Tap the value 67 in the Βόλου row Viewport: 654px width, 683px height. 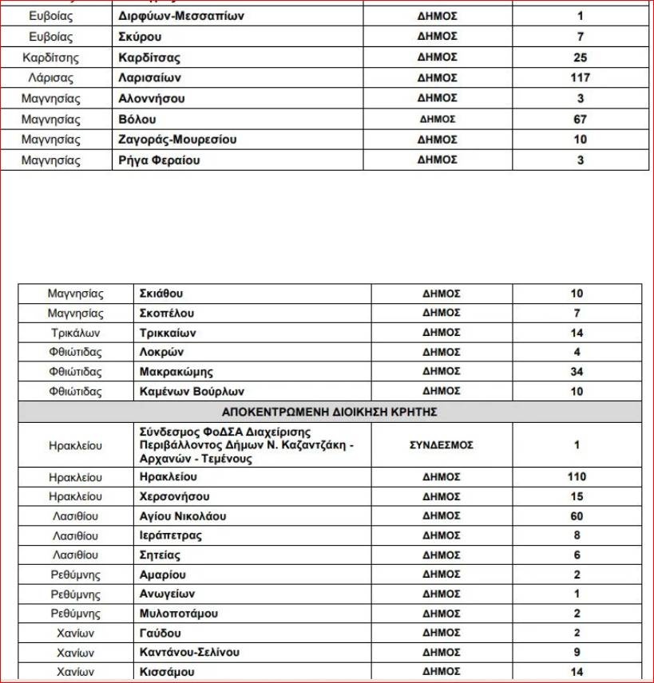pyautogui.click(x=580, y=120)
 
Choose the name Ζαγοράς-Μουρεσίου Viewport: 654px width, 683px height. pyautogui.click(x=177, y=140)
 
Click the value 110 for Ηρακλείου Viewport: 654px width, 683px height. pyautogui.click(x=577, y=477)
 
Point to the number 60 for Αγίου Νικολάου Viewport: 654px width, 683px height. pyautogui.click(x=577, y=516)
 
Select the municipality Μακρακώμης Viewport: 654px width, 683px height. pyautogui.click(x=176, y=372)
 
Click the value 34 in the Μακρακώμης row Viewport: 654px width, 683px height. pyautogui.click(x=577, y=372)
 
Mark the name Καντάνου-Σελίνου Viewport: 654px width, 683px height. pyautogui.click(x=188, y=653)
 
